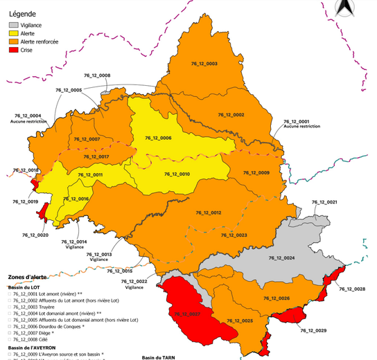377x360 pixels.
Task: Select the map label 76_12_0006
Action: (158, 138)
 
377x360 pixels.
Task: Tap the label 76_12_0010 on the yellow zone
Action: (175, 174)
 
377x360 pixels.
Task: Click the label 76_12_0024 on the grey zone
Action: (280, 258)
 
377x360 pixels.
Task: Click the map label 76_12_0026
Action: (275, 298)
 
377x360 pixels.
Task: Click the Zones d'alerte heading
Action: (28, 277)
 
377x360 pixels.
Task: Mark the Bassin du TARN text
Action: (158, 357)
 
